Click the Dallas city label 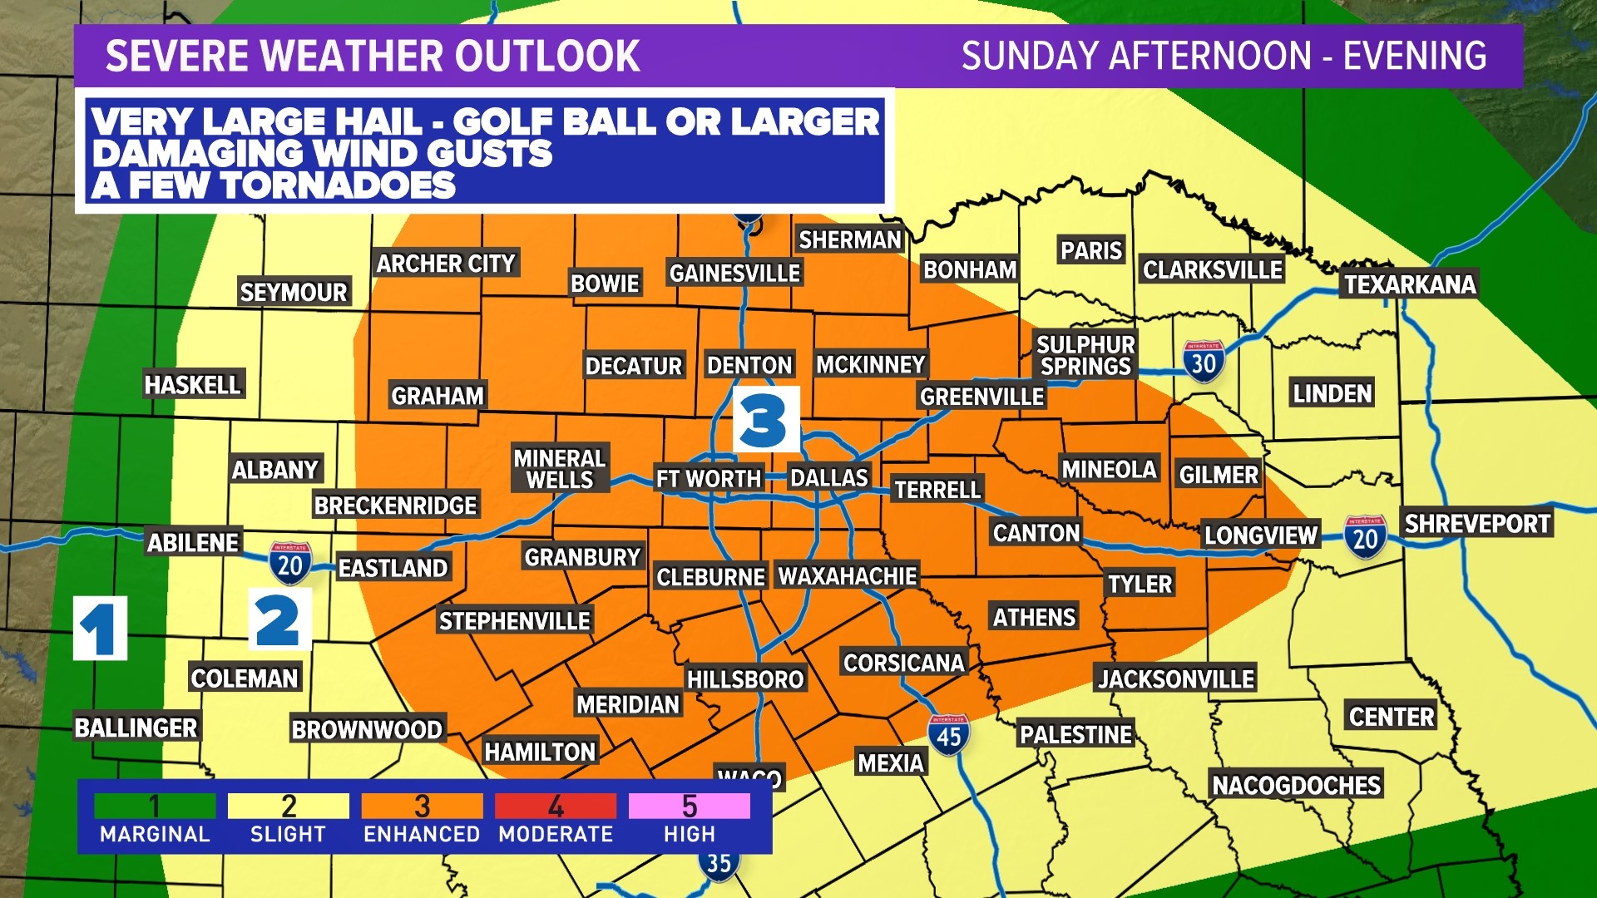click(x=828, y=478)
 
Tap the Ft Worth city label click(x=708, y=479)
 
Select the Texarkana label click(x=1409, y=284)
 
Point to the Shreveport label click(x=1476, y=524)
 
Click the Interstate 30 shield click(x=1203, y=361)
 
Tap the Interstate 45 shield click(x=948, y=735)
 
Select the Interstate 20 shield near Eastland click(x=289, y=564)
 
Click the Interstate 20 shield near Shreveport click(x=1365, y=537)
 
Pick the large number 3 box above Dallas click(x=765, y=419)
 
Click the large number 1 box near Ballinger click(x=100, y=629)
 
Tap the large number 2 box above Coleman click(x=279, y=619)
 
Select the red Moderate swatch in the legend click(x=555, y=806)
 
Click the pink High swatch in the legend click(x=689, y=806)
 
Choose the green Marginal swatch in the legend click(x=155, y=806)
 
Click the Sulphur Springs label click(x=1085, y=355)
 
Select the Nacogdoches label click(x=1295, y=785)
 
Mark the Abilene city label click(x=193, y=543)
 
